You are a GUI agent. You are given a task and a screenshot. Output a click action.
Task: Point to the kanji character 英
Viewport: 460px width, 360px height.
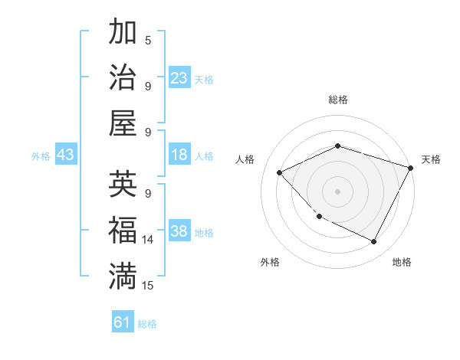click(123, 185)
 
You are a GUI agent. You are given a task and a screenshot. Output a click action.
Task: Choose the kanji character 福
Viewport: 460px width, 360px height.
click(123, 231)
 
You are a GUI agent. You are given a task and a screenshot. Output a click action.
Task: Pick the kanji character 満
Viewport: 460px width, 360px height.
click(123, 277)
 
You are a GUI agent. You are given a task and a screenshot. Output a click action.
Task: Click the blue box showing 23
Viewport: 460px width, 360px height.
click(179, 77)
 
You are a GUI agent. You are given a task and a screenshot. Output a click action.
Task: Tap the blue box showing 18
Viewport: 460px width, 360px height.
click(179, 155)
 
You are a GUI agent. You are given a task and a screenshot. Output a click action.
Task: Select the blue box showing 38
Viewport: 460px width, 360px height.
click(179, 232)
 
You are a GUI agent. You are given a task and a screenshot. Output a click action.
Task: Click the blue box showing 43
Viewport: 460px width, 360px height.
click(65, 155)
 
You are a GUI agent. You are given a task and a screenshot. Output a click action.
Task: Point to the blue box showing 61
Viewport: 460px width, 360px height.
click(123, 322)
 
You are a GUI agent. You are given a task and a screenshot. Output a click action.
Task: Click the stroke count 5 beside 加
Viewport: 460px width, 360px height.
click(148, 39)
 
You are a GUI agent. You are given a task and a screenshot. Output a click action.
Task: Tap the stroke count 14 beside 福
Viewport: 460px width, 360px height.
click(148, 239)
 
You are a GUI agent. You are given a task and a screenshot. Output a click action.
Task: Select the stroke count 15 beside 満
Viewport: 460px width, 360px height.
click(148, 285)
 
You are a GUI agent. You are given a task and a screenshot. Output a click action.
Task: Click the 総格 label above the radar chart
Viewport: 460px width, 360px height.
click(337, 100)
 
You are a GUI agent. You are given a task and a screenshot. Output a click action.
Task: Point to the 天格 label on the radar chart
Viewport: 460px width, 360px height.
click(431, 159)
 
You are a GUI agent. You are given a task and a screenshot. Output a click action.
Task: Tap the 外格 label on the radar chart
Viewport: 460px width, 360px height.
click(269, 262)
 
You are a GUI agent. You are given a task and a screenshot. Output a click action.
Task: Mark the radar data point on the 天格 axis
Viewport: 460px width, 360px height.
click(412, 168)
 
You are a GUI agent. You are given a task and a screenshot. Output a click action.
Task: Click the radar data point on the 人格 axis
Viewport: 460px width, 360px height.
click(280, 172)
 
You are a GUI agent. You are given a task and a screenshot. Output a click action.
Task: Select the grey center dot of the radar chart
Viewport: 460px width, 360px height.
click(337, 191)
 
